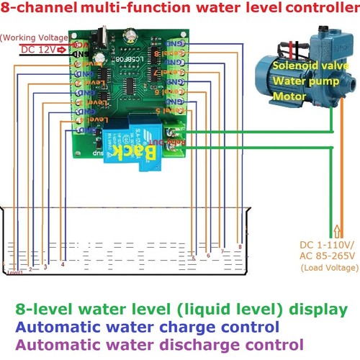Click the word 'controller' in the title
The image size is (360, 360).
click(321, 9)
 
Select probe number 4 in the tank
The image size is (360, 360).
click(63, 264)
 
